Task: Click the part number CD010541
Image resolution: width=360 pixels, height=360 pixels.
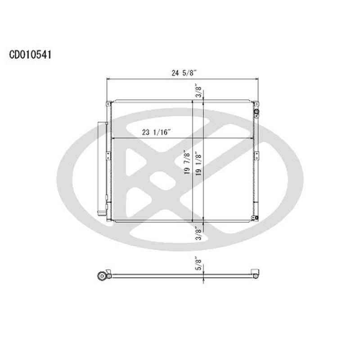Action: coord(31,55)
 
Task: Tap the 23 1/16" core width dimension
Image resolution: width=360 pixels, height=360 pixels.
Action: coord(156,132)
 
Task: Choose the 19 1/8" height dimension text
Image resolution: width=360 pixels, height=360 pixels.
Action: coord(198,164)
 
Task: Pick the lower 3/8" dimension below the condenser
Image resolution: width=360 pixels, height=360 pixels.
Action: coord(198,235)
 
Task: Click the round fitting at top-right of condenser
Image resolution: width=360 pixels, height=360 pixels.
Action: coord(256,112)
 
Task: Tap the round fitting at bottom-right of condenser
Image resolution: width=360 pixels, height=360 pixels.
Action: coord(255,218)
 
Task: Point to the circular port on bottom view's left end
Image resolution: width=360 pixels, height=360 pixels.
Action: coord(101,275)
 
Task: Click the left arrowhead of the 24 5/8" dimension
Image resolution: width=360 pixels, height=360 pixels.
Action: coord(108,79)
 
